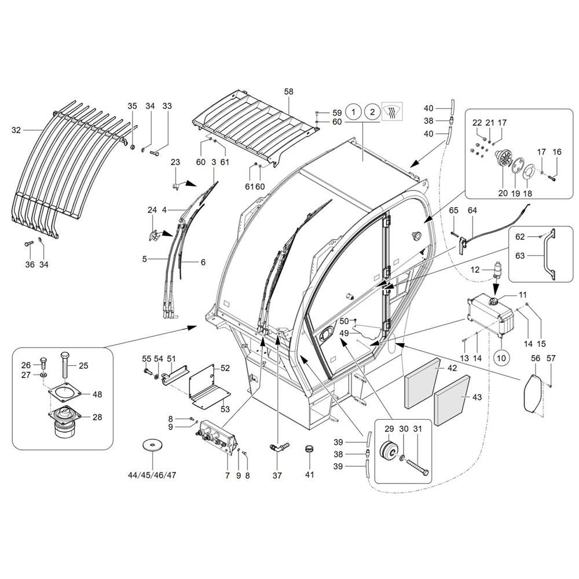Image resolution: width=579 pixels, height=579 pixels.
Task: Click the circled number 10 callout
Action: click(501, 358)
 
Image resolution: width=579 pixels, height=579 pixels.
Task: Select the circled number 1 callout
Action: click(353, 111)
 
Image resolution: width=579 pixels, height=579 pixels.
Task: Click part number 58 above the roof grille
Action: click(289, 92)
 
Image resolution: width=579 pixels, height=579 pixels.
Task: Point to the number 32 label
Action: click(16, 130)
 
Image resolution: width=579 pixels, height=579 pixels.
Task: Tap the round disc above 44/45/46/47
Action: click(152, 446)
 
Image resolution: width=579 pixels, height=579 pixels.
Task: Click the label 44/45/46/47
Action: click(152, 475)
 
